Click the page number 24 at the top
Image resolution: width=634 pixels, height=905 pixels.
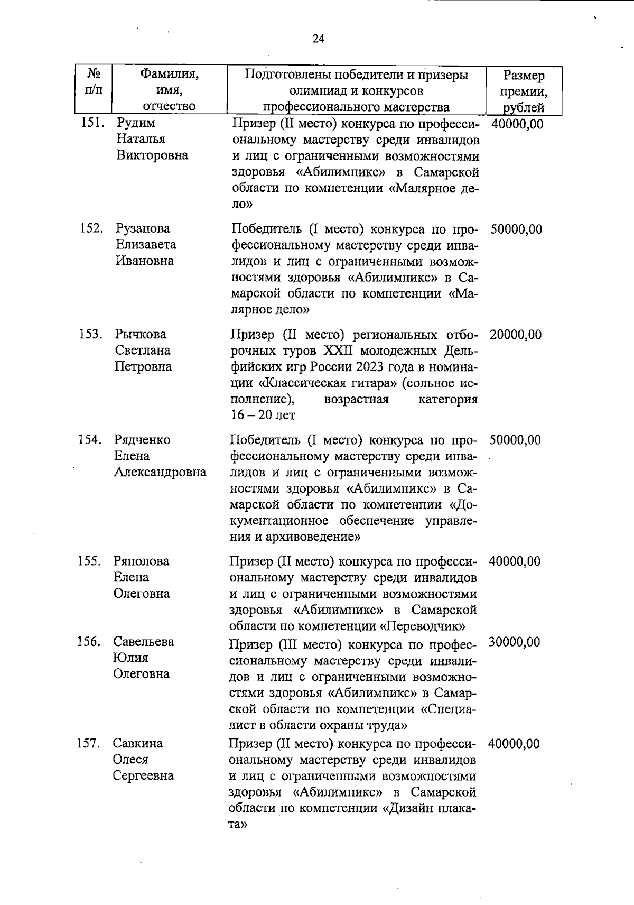[x=318, y=39]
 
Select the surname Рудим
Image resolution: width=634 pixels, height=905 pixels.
[x=136, y=123]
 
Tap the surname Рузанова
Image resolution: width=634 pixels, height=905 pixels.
[x=143, y=228]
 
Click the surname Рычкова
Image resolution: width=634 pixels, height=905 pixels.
[x=140, y=334]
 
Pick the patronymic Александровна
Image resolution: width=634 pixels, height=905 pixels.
[x=160, y=472]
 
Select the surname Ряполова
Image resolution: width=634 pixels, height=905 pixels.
[x=141, y=561]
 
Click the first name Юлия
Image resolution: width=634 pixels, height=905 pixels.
[x=130, y=658]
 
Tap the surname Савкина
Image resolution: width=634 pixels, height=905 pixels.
[x=138, y=743]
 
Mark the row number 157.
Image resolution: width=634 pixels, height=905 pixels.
[x=88, y=743]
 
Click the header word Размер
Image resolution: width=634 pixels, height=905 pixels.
[x=524, y=76]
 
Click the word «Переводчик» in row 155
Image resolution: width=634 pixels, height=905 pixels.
[x=422, y=626]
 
